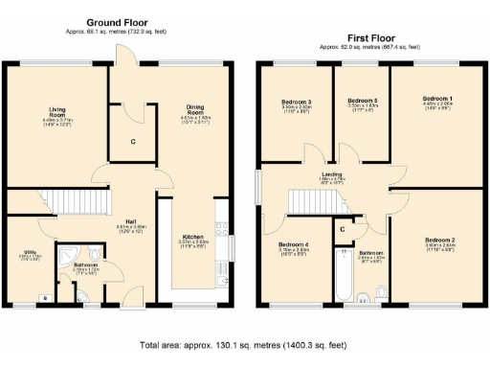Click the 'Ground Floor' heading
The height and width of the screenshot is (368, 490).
coord(118,21)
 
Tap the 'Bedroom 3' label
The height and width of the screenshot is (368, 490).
coord(296,102)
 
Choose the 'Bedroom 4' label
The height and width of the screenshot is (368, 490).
coord(292,243)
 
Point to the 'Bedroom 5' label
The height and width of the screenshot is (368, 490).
coord(362,101)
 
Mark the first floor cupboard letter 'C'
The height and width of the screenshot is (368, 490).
coord(341,230)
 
